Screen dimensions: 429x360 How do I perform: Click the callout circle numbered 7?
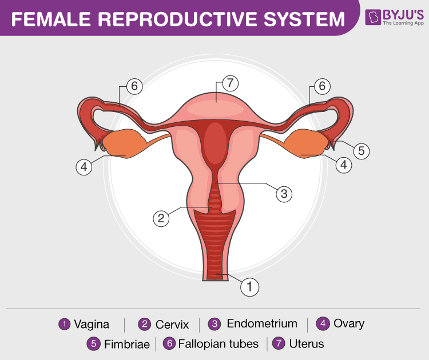[230, 83]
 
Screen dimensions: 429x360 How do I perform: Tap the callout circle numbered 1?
[249, 287]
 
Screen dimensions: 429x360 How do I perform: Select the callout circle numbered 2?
[161, 218]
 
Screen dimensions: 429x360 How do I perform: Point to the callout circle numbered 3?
[284, 194]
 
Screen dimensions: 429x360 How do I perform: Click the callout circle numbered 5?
[361, 151]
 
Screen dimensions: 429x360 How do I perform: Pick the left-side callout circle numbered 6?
[134, 86]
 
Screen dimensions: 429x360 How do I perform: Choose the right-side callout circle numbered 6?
[322, 86]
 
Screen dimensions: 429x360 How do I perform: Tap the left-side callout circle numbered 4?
[84, 167]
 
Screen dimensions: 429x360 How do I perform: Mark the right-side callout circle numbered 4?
[344, 165]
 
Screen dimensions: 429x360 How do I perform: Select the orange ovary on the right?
[307, 143]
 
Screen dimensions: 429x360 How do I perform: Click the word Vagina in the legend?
[92, 325]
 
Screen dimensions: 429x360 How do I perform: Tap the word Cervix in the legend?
[172, 325]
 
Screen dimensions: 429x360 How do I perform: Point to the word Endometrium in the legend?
[262, 323]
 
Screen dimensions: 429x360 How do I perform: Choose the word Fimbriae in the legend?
[127, 344]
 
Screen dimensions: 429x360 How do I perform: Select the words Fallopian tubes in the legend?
[219, 344]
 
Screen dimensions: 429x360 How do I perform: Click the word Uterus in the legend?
[307, 344]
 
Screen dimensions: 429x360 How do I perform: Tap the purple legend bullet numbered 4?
[323, 323]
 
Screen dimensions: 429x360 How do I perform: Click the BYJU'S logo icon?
[373, 17]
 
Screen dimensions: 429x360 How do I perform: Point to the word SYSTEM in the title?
[304, 19]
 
